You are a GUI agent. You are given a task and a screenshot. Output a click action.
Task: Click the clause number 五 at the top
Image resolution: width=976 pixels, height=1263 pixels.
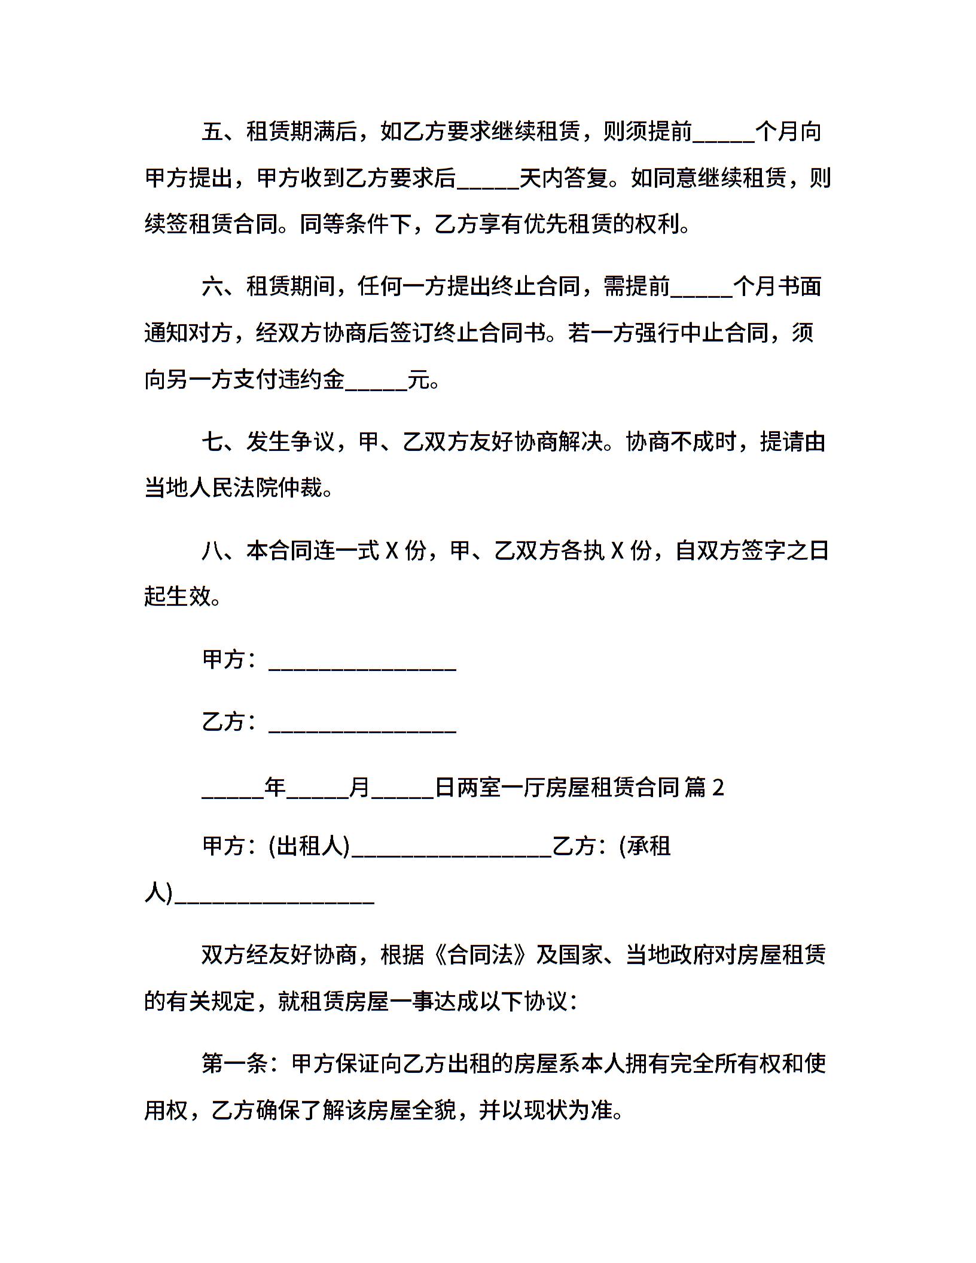tap(212, 132)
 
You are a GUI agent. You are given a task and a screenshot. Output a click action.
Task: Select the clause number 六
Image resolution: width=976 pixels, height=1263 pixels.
tap(212, 287)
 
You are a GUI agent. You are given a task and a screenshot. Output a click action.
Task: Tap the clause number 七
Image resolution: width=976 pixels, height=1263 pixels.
tap(212, 443)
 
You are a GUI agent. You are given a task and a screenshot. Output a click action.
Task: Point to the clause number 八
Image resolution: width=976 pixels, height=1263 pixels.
tap(212, 550)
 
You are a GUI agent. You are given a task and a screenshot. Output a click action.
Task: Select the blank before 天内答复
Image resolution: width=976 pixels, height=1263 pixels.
tap(488, 183)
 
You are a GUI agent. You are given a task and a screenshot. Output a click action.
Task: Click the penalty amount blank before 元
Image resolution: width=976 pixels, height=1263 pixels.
tap(376, 385)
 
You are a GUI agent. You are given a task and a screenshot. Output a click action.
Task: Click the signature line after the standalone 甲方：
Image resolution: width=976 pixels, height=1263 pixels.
tap(362, 665)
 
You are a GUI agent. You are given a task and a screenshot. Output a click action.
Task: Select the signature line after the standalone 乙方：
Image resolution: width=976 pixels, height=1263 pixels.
tap(362, 727)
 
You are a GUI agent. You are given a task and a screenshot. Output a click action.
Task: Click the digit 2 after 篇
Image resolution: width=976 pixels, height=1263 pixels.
tap(718, 788)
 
